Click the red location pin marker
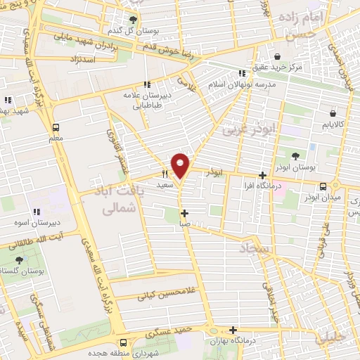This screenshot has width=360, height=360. tap(180, 165)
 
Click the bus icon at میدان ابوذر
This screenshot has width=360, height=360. tap(323, 186)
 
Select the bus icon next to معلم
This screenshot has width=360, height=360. tap(56, 127)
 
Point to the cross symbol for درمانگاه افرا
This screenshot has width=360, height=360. tap(262, 175)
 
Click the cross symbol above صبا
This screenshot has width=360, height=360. tap(184, 213)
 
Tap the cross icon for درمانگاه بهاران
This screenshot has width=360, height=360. tap(233, 330)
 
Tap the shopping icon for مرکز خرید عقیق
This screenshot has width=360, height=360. tap(279, 56)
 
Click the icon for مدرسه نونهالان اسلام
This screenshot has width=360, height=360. tap(241, 72)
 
